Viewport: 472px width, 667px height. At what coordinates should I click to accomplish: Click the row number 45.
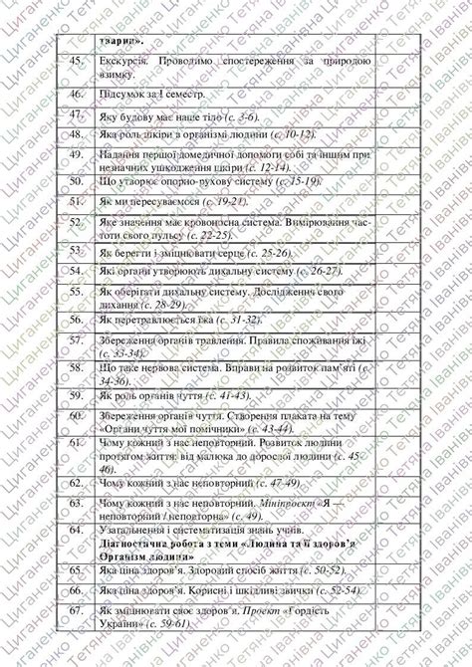pos(76,63)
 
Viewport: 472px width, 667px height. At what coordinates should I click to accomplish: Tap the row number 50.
pos(76,181)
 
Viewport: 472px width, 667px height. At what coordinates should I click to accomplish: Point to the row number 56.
pos(76,321)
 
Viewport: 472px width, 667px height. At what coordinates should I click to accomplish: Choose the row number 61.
pos(76,440)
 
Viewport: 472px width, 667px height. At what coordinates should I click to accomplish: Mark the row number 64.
pos(76,531)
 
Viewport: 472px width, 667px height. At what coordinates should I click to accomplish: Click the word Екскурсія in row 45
pos(123,63)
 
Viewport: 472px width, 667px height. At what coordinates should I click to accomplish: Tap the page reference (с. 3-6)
pos(243,115)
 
